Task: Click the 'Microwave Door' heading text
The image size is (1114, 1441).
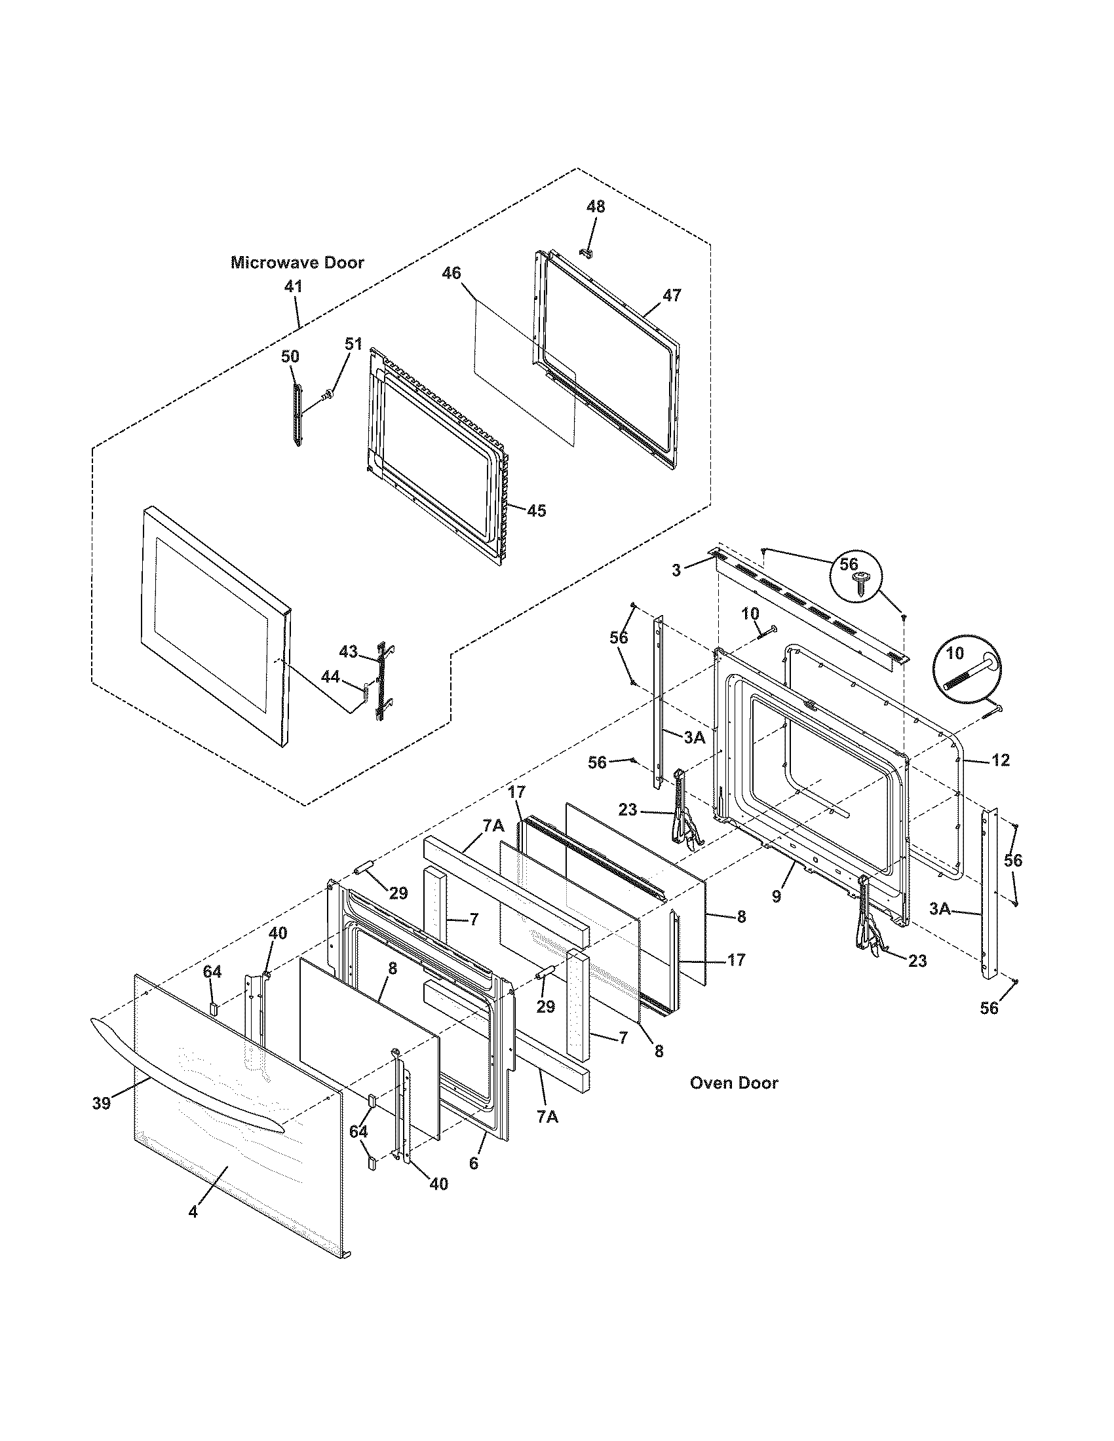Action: [297, 263]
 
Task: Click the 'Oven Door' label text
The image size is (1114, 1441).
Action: [733, 1083]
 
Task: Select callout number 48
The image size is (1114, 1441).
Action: [595, 206]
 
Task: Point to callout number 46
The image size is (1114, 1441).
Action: [451, 273]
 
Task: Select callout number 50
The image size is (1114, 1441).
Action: [290, 356]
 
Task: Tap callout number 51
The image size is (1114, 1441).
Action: [354, 344]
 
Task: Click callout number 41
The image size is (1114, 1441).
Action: [293, 287]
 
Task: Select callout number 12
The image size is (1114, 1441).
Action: [1000, 760]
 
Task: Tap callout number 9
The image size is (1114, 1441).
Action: [776, 896]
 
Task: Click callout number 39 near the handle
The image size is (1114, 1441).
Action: [101, 1103]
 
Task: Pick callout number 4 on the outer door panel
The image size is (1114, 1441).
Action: [193, 1212]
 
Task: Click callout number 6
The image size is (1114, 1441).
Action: [473, 1163]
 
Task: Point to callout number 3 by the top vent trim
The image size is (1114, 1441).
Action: [676, 571]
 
